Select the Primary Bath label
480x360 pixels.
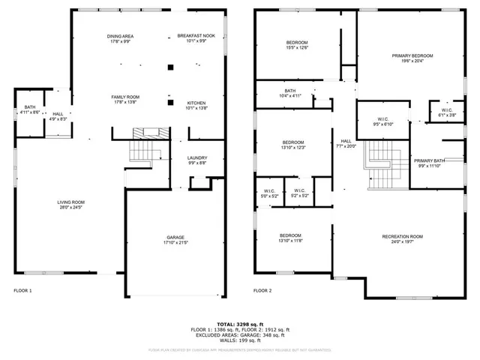point(430,163)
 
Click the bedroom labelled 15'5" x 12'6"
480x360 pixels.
point(297,44)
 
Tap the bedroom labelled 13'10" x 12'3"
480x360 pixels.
point(292,145)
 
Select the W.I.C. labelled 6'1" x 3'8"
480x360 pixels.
point(446,113)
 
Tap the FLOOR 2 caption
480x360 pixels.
point(262,290)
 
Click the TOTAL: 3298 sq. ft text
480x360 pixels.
point(240,323)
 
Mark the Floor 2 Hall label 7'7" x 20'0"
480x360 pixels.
point(346,144)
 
